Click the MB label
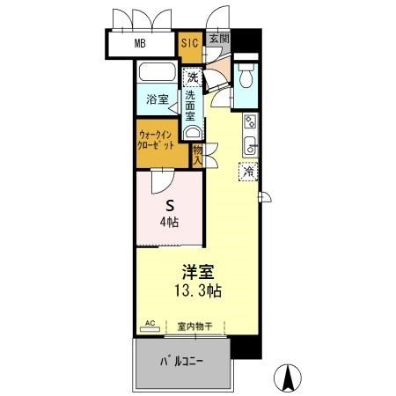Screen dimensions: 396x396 140,44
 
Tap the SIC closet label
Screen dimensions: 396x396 190,43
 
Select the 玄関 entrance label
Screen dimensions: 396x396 219,39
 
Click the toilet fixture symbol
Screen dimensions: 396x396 246,76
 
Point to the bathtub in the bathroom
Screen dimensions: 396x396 158,72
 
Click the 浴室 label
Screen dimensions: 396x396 158,99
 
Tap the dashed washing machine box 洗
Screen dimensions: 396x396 193,77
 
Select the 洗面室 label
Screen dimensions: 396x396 190,106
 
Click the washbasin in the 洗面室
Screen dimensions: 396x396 193,133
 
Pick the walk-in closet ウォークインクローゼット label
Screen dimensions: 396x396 156,140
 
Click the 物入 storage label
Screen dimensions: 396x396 197,156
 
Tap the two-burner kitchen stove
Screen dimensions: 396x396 251,121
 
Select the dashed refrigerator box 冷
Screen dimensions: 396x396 248,172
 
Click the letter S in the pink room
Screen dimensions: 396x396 170,206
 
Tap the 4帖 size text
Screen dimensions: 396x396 170,223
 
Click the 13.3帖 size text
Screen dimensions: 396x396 198,290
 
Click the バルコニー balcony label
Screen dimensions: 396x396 181,361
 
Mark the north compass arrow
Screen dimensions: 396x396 288,378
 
